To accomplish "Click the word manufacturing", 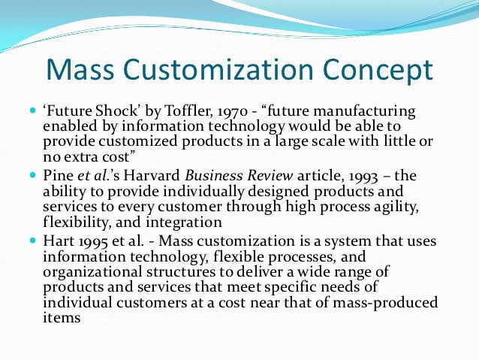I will (360, 112).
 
